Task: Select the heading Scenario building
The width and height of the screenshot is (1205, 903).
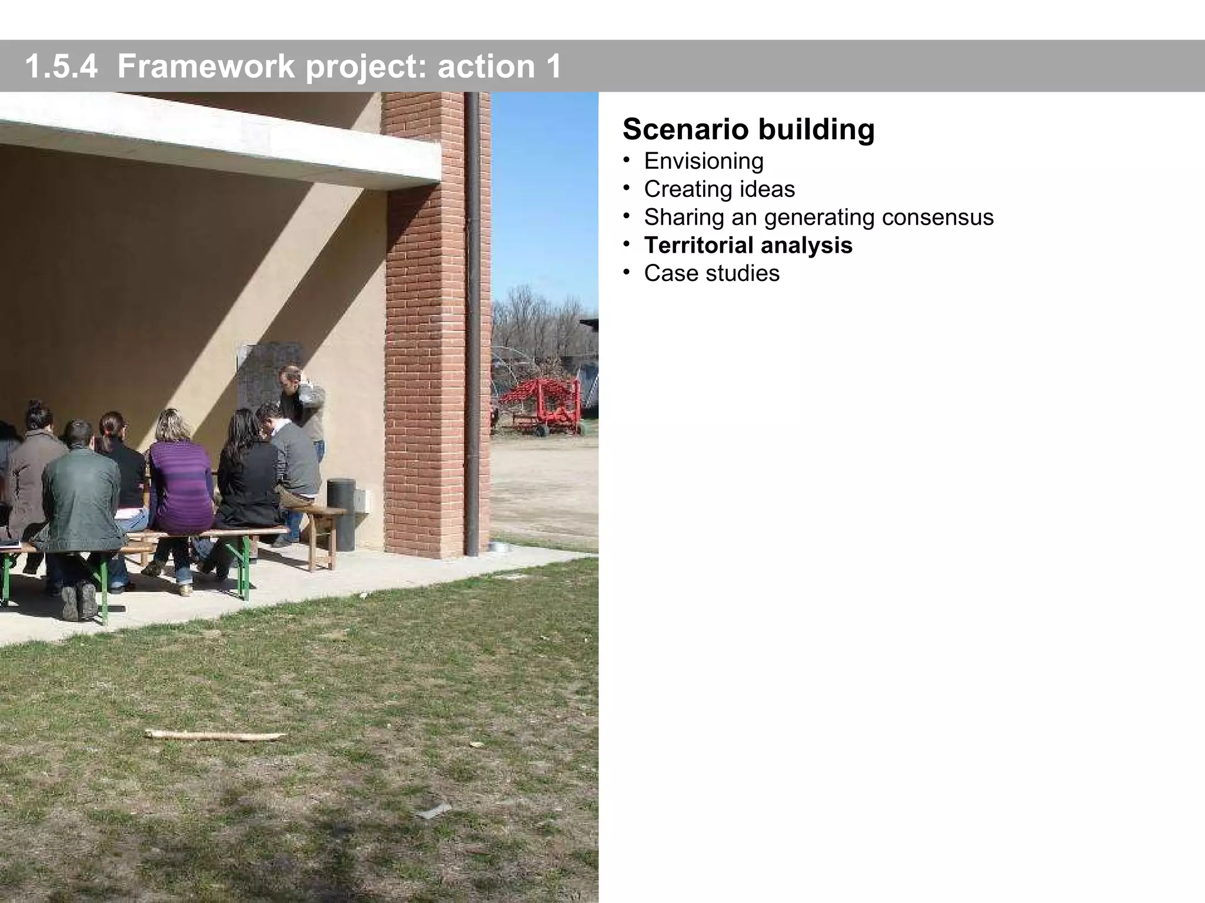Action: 748,129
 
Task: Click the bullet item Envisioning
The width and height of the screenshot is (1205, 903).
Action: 704,161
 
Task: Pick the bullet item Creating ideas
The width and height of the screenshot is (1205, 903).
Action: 719,189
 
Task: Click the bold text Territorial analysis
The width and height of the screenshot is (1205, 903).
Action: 748,246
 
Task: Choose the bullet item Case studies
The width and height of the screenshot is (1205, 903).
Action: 711,273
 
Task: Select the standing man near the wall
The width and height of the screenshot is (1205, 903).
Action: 301,406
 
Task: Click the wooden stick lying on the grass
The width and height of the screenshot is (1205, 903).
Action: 215,735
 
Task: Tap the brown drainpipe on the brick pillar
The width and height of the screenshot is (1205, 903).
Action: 471,323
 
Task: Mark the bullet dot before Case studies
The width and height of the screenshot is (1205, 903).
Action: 627,272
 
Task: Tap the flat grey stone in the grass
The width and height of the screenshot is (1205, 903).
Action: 434,811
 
